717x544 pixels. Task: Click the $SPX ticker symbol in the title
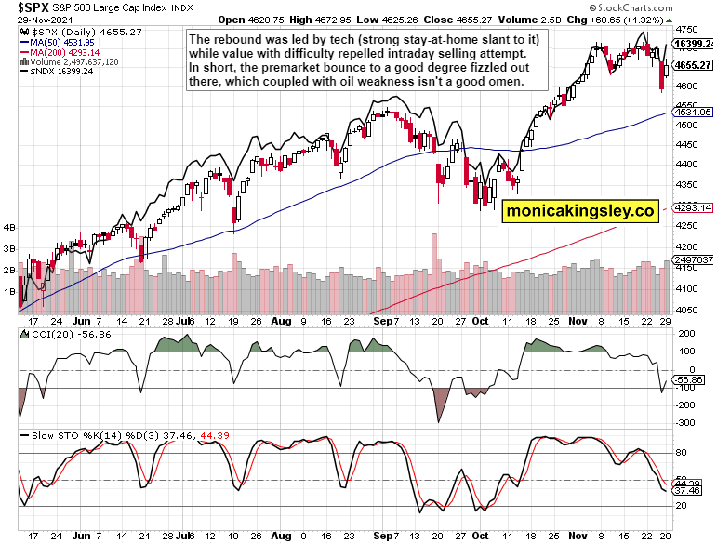click(x=22, y=7)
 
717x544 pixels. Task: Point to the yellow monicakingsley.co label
click(x=581, y=212)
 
